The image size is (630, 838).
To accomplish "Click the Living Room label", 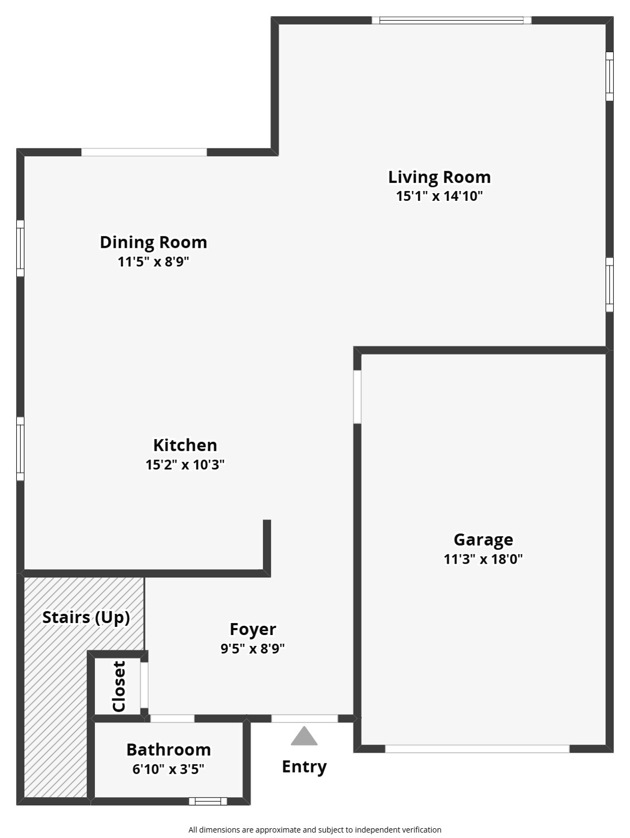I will [439, 177].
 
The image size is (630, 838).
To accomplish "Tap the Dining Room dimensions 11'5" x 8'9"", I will [153, 262].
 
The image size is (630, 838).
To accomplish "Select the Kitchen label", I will [185, 445].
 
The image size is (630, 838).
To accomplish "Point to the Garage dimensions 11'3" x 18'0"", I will [483, 559].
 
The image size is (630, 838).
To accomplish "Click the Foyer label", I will [253, 630].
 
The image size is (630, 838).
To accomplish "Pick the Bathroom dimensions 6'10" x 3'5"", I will [168, 769].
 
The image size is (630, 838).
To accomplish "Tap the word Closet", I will [119, 686].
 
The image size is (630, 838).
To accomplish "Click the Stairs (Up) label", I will [86, 618].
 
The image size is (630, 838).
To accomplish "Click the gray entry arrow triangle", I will [304, 737].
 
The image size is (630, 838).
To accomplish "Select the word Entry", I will [304, 767].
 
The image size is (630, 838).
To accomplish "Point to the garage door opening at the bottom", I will [477, 749].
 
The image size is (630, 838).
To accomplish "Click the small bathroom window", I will [208, 801].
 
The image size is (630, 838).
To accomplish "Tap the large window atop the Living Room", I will [451, 21].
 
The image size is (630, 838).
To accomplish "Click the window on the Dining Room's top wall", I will [144, 152].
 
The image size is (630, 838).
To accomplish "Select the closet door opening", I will [144, 685].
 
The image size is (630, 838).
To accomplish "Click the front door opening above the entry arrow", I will [304, 719].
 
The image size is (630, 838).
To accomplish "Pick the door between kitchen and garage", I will [357, 397].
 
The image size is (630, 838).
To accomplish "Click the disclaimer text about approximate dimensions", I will [314, 830].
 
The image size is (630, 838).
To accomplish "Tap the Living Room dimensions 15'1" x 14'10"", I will [439, 196].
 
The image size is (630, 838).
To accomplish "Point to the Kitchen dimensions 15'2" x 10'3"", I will [185, 465].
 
